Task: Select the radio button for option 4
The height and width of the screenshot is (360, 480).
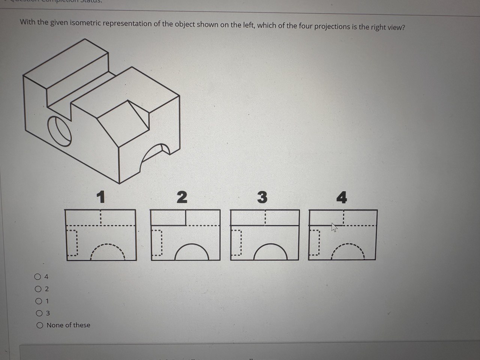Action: pyautogui.click(x=37, y=277)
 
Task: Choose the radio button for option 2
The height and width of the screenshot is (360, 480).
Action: pyautogui.click(x=38, y=289)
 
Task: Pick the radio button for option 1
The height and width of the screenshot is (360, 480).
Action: pyautogui.click(x=38, y=301)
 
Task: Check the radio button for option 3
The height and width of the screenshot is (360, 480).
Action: pyautogui.click(x=39, y=313)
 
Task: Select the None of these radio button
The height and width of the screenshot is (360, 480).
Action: pyautogui.click(x=39, y=325)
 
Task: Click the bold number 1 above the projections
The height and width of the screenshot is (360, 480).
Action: pyautogui.click(x=100, y=197)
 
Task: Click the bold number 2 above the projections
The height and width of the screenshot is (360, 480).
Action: pyautogui.click(x=181, y=197)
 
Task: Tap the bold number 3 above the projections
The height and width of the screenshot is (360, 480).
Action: pyautogui.click(x=262, y=197)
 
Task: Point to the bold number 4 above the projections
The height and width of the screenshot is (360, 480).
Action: pyautogui.click(x=342, y=197)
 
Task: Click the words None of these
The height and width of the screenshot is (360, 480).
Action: pyautogui.click(x=68, y=325)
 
